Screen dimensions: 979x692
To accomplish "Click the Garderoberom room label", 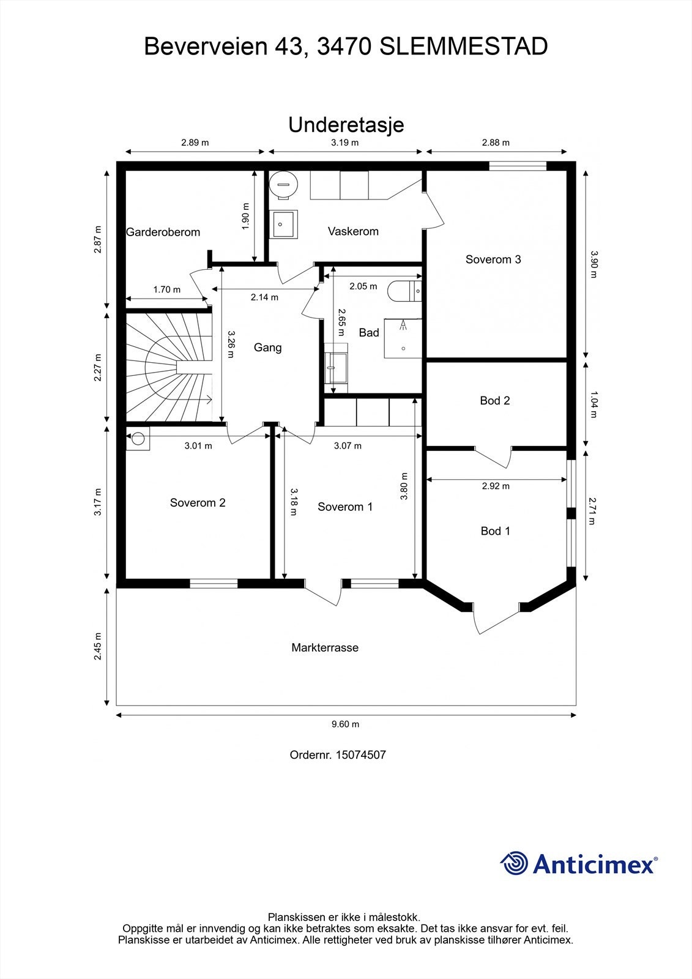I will [x=163, y=232].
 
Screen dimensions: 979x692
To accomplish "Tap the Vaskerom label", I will [x=353, y=231].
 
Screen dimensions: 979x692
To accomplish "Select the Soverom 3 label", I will [x=493, y=259].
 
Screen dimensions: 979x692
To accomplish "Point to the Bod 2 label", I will [x=494, y=401].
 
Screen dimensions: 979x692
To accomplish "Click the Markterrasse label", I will [x=324, y=647].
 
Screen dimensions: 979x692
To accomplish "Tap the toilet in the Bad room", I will [x=405, y=291].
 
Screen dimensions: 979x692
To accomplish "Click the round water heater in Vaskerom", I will [x=283, y=183].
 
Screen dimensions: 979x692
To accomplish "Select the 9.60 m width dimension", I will [x=345, y=724].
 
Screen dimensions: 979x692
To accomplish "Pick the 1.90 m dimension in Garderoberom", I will [x=246, y=216].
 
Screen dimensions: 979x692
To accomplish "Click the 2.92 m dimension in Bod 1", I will [x=496, y=486].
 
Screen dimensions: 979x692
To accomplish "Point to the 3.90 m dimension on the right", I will [x=592, y=263].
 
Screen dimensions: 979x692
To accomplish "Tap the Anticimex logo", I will [x=578, y=864].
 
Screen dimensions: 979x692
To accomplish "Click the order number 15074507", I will [x=338, y=754].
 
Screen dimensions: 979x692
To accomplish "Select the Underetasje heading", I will [x=346, y=125].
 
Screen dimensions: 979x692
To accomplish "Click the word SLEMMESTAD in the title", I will [x=463, y=47].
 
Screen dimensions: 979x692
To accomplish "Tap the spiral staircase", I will [x=168, y=367].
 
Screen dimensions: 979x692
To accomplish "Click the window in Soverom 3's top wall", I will [x=517, y=165].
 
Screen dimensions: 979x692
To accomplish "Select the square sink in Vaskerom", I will [x=283, y=225].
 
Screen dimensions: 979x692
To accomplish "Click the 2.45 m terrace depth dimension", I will [x=97, y=646].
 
